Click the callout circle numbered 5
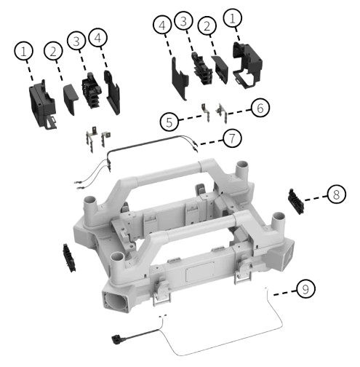pyautogui.click(x=169, y=122)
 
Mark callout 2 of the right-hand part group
pyautogui.click(x=209, y=27)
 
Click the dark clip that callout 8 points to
pyautogui.click(x=296, y=199)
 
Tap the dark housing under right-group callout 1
pyautogui.click(x=244, y=63)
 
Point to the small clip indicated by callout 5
pyautogui.click(x=205, y=111)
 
